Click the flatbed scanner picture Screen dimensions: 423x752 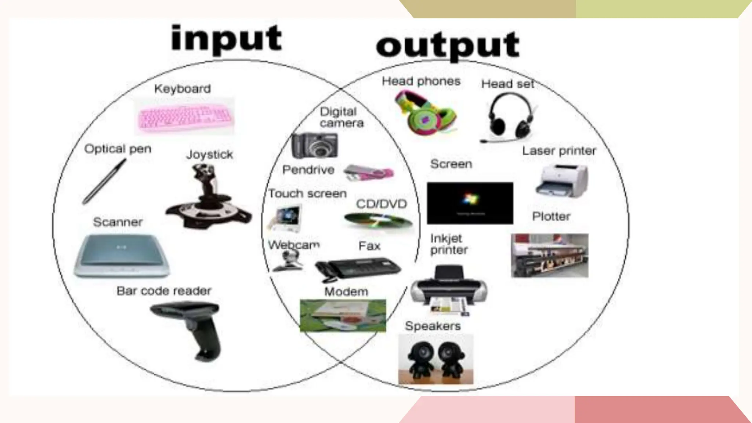122,255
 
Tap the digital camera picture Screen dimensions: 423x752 315,145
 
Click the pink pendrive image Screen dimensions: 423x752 369,173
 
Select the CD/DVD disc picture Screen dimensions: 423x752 378,220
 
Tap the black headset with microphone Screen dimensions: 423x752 509,117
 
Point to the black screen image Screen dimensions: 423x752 470,203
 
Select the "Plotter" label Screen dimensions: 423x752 551,216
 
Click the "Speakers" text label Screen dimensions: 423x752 433,326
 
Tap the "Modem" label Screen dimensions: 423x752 346,292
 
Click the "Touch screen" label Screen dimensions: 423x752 307,194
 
